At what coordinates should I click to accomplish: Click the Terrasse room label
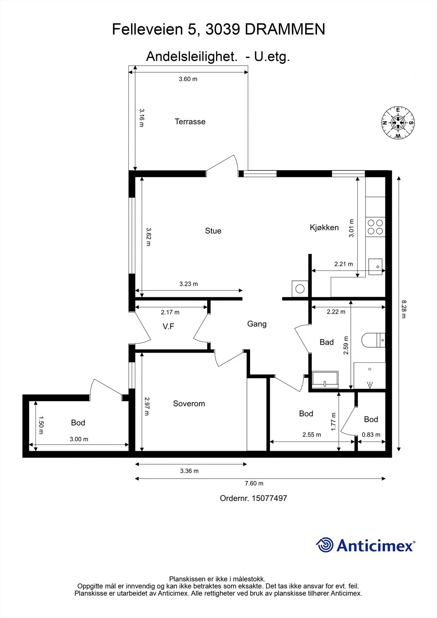190,122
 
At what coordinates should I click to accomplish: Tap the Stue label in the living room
213,231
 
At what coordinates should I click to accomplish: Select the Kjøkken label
324,228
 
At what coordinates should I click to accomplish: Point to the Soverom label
189,404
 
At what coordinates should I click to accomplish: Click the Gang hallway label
257,324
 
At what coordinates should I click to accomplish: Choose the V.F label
168,327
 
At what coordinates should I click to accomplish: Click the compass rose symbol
398,122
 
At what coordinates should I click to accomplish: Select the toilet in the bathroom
373,340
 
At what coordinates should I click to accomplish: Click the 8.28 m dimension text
403,309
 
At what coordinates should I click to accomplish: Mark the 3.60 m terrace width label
188,79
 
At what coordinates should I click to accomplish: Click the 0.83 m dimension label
371,435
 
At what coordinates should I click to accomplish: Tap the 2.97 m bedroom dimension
146,406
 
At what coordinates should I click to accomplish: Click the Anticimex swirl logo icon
325,545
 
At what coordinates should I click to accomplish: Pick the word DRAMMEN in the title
285,29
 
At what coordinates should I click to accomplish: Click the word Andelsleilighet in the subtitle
192,56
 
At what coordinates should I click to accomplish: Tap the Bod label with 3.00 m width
78,423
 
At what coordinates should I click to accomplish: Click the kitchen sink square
376,267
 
